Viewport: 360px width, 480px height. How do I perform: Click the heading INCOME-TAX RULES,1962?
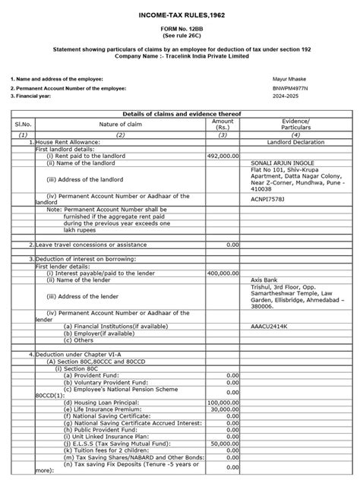point(179,16)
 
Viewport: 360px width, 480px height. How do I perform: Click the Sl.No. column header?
point(18,125)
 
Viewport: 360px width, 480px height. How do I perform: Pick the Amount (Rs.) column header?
point(223,125)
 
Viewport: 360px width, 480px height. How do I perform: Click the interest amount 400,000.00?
point(223,272)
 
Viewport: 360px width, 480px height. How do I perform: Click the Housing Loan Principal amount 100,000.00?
point(223,402)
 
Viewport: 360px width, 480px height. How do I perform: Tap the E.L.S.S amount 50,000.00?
point(225,442)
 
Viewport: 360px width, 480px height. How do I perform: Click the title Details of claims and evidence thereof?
point(179,112)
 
